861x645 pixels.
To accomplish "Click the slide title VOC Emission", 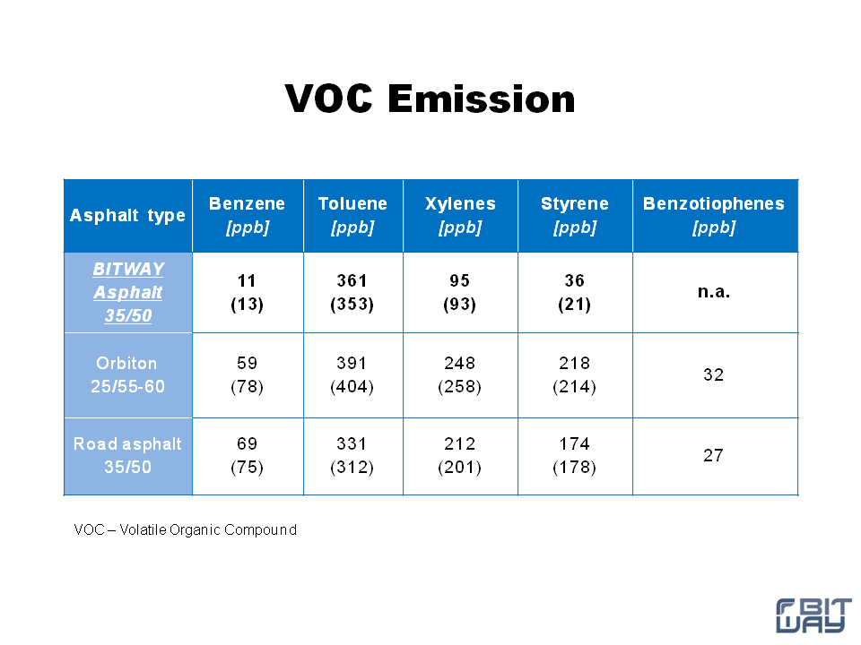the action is coord(430,99).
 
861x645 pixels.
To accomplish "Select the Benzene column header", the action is coord(248,215).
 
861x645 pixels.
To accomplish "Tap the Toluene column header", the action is coord(352,215).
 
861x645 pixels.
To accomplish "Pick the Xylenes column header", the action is coord(460,215).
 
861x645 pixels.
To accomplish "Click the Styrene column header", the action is coord(574,215).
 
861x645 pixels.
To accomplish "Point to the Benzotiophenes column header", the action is coord(714,215).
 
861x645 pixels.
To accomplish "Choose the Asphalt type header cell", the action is coord(127,216).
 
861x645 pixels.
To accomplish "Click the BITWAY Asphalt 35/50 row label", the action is coord(128,292).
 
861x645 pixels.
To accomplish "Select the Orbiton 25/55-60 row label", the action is coord(127,374).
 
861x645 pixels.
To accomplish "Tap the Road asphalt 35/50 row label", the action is coord(127,455).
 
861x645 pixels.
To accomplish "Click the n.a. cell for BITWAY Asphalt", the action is coord(714,292).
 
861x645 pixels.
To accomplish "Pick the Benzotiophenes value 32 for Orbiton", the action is coord(714,374).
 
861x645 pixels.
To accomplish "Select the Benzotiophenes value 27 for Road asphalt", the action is coord(714,455).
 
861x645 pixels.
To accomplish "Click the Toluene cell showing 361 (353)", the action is coord(352,292).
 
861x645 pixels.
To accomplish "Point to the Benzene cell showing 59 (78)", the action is coord(248,374).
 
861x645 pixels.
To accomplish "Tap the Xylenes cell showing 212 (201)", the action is coord(459,455).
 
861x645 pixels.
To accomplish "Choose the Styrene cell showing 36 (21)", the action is coord(574,292).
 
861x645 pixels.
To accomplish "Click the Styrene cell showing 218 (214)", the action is coord(574,374).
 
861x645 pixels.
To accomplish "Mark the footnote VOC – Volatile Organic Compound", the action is coord(186,529).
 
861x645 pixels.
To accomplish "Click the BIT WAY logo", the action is coord(813,615).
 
